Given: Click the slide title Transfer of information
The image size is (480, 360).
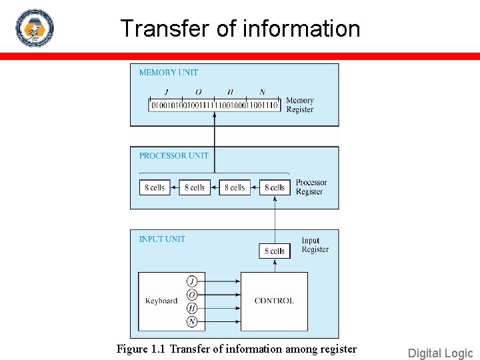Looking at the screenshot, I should [x=240, y=29].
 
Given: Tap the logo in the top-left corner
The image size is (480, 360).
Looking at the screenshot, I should [x=35, y=29].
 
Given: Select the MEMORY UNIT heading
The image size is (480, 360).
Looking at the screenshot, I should [x=169, y=73].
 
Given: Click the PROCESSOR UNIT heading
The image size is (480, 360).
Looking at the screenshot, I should [x=174, y=156].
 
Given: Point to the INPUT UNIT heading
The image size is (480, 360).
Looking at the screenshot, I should [x=162, y=239].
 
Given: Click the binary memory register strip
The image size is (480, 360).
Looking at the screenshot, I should [x=214, y=105].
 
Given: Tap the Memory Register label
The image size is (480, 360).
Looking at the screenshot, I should [x=299, y=105].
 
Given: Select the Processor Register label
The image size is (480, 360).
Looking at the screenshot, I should [x=311, y=187].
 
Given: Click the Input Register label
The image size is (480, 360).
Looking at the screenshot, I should [x=315, y=245].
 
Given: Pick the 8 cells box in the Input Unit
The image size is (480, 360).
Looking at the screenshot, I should [x=275, y=251].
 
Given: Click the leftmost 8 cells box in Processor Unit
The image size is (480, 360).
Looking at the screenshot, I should [x=155, y=187].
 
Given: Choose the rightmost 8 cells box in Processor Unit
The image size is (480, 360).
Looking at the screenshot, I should [x=275, y=187].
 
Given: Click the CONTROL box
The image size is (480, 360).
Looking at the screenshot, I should [x=274, y=301].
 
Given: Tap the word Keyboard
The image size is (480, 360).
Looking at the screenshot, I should [x=161, y=301].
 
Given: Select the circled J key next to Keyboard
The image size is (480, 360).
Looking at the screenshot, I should [x=192, y=281].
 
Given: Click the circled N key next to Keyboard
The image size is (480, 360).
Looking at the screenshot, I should [x=192, y=321].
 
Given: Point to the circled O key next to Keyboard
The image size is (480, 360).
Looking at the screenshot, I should [x=192, y=294].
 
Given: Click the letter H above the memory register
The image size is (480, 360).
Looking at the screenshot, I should [x=230, y=93].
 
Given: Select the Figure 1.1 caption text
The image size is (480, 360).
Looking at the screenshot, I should [x=237, y=349].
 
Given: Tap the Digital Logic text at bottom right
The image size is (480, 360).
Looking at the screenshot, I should [x=440, y=353].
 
